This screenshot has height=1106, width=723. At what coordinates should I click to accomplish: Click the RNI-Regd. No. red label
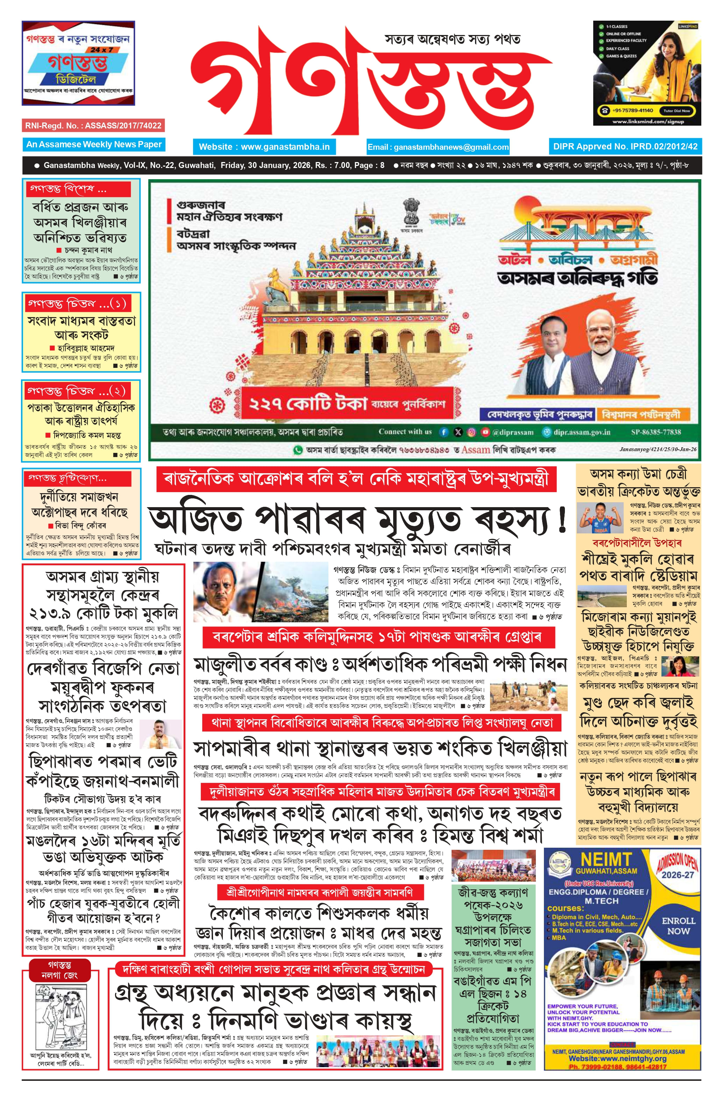(93, 125)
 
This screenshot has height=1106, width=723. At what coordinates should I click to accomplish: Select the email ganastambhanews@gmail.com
(438, 147)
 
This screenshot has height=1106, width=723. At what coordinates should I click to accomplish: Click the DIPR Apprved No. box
(625, 146)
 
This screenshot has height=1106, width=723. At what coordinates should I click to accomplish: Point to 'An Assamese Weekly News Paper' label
(94, 145)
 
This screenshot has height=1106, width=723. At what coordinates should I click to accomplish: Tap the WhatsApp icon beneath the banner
(297, 450)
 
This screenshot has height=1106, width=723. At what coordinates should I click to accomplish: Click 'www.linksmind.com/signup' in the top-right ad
(648, 121)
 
